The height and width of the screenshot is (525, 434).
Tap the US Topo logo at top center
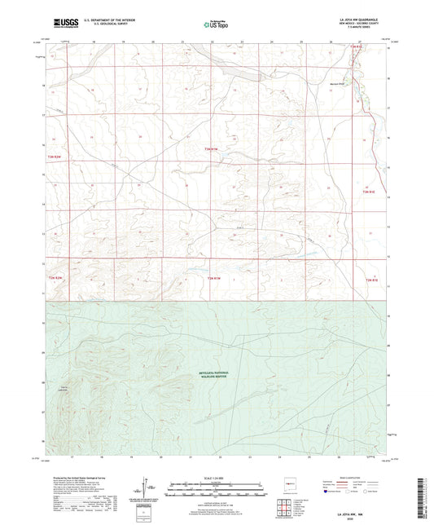216,24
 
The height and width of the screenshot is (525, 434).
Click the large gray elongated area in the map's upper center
240,75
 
